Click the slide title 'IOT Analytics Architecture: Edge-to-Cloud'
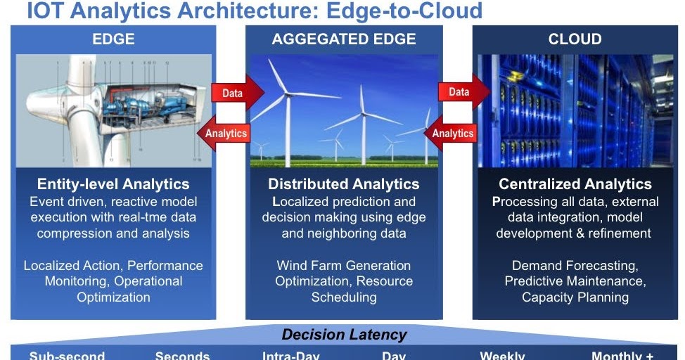(x=255, y=11)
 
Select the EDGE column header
(x=113, y=39)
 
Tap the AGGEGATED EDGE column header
(x=344, y=39)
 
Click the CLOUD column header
(x=575, y=39)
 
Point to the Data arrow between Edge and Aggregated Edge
(x=235, y=93)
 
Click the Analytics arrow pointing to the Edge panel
(x=224, y=133)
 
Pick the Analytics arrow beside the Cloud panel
(x=452, y=133)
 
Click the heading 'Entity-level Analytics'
(x=113, y=184)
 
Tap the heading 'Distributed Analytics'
(x=344, y=184)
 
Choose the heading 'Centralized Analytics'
(x=575, y=184)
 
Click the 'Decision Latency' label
(x=344, y=335)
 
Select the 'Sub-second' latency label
(x=67, y=355)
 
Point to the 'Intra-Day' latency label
(x=290, y=355)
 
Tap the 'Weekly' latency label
(x=502, y=355)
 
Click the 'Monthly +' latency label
(x=617, y=355)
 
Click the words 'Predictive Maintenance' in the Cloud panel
(x=575, y=281)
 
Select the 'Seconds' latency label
(x=182, y=355)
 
